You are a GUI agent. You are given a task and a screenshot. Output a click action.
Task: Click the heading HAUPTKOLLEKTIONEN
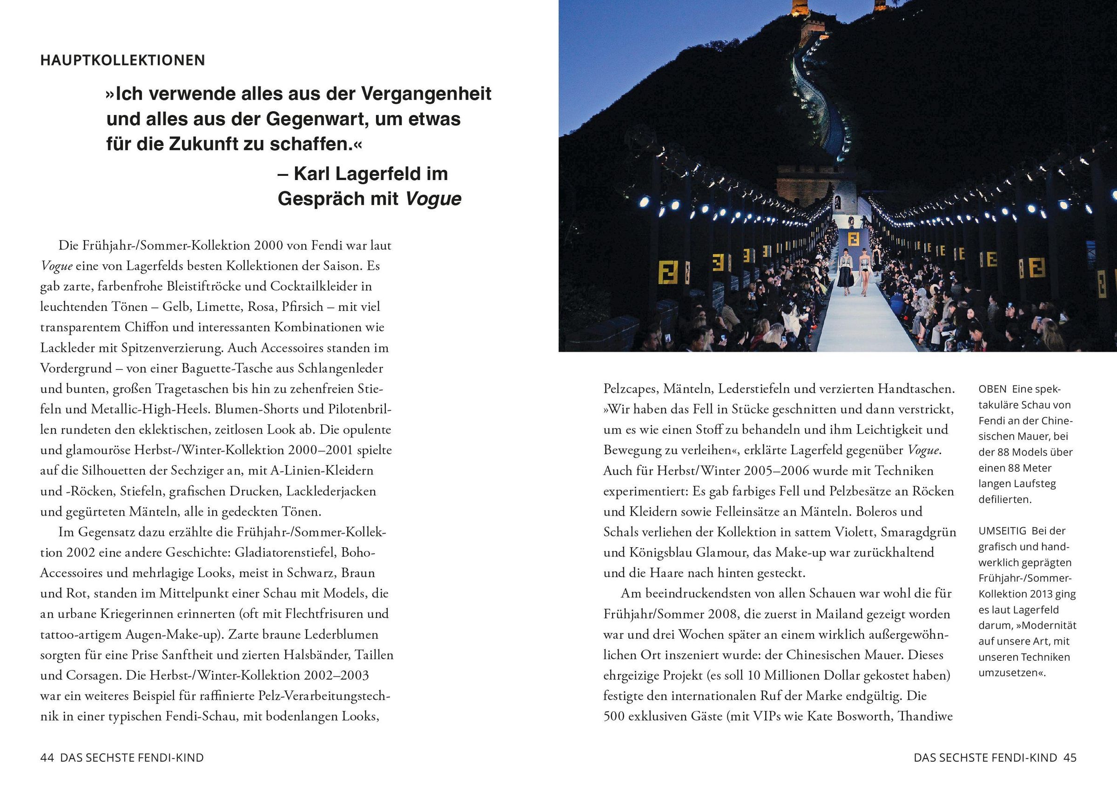[x=122, y=60]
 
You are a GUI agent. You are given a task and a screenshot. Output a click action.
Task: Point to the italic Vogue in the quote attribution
[x=433, y=198]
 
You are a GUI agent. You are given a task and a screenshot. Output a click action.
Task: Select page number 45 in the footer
[x=1070, y=758]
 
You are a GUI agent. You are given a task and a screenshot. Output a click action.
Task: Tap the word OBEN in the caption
[x=992, y=389]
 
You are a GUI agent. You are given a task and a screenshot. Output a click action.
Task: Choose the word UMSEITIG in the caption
[x=1002, y=531]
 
